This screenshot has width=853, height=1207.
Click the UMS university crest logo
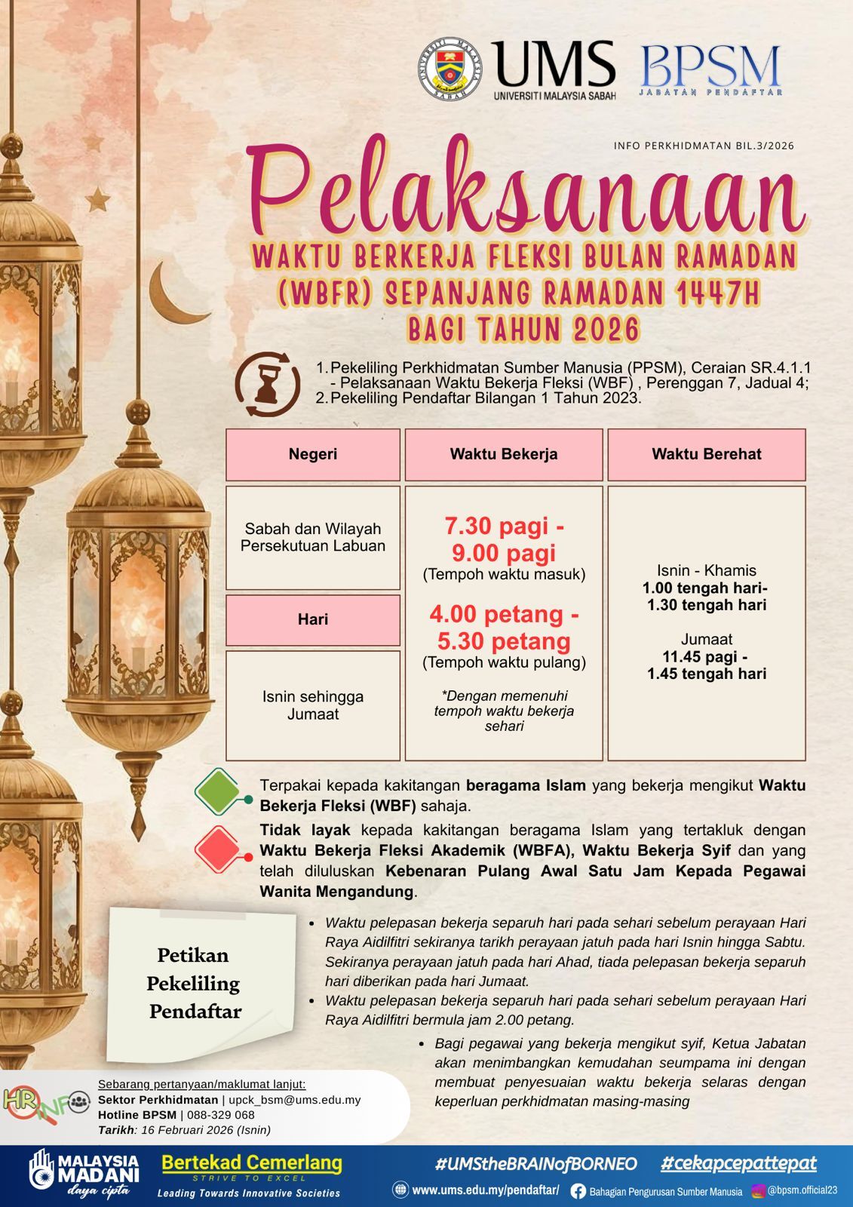click(451, 69)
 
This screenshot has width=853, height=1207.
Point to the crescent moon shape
click(172, 293)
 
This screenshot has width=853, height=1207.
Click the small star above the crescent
click(97, 200)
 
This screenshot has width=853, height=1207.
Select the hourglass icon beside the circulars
click(267, 383)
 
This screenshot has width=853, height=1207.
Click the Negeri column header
click(312, 454)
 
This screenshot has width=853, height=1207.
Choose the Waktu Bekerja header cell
click(504, 454)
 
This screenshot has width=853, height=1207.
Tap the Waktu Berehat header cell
click(707, 454)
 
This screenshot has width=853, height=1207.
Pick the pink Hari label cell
click(312, 619)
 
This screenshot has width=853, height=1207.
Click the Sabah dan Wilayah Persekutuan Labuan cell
click(312, 537)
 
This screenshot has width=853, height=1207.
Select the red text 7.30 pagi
click(504, 526)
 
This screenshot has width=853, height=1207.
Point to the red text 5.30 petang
click(504, 641)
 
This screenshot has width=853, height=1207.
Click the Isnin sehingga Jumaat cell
click(312, 705)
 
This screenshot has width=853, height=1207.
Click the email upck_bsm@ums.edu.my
click(294, 1100)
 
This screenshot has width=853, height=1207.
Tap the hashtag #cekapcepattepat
click(738, 1163)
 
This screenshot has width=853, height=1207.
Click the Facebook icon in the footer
click(578, 1191)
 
